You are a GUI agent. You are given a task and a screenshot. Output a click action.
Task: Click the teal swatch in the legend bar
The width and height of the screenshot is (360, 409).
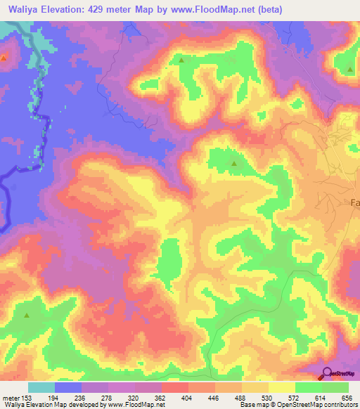41,387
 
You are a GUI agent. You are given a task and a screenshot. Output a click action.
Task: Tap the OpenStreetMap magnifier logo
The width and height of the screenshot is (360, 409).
327,373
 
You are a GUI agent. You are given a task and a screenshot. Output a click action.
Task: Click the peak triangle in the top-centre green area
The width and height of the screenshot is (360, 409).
182,60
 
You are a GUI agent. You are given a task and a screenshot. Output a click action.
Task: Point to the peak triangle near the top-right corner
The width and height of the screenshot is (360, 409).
350,69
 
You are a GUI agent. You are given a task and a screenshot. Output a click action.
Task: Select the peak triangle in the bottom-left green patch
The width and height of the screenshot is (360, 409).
27,316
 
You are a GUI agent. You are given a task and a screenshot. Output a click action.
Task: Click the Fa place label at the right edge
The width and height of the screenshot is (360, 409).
354,203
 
